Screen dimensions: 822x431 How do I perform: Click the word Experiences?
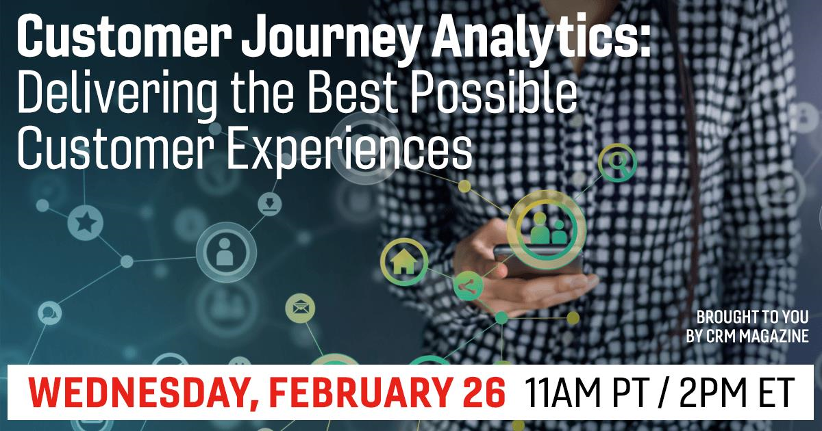click(350, 148)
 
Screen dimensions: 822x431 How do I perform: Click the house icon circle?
click(404, 262)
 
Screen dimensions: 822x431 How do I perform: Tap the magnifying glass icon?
click(618, 163)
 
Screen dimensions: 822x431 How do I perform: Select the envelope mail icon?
click(300, 309)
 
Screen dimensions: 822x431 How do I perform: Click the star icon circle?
click(85, 222)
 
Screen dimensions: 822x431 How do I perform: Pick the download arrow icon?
click(270, 204)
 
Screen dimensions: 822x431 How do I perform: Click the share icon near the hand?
click(468, 286)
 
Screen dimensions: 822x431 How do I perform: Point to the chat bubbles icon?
click(49, 313)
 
